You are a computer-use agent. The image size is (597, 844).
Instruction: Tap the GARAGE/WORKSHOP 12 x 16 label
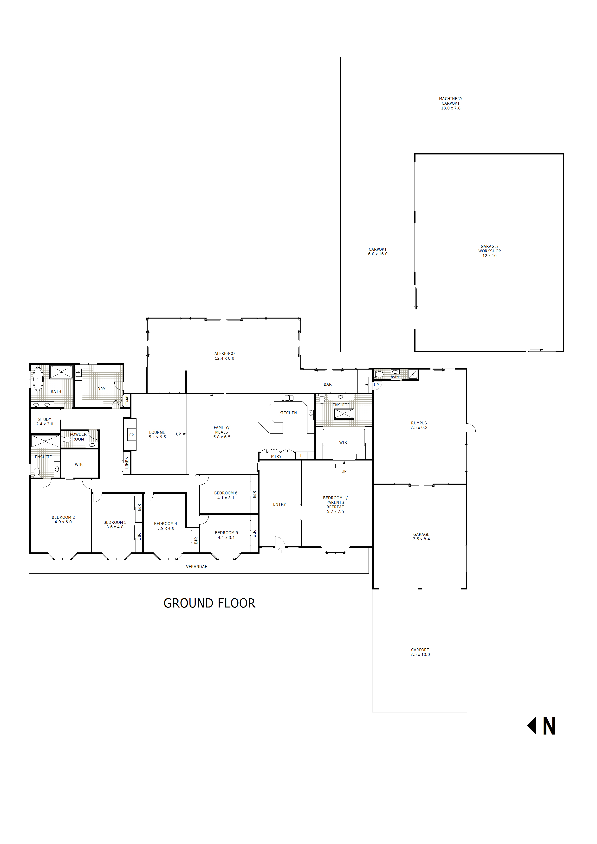(489, 251)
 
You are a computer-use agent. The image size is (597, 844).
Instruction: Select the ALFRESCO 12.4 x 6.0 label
(224, 356)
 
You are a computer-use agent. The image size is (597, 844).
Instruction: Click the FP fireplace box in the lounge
(131, 435)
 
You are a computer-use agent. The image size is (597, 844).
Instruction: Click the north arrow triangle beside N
(532, 726)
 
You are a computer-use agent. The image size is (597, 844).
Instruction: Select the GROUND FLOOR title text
(209, 603)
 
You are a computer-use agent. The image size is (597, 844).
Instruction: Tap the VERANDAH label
(196, 566)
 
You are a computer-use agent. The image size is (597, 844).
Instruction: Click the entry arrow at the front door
(280, 550)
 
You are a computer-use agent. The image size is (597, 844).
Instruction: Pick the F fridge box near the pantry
(301, 455)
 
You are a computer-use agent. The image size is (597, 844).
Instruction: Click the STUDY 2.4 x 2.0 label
(45, 422)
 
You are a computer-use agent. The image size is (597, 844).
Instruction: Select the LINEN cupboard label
(127, 462)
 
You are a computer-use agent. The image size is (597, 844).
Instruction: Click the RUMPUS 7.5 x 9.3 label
(419, 425)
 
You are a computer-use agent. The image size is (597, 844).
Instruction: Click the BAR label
(327, 384)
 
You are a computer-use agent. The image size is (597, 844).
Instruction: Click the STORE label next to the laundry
(127, 401)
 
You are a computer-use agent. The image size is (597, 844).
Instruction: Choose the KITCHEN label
(288, 413)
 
